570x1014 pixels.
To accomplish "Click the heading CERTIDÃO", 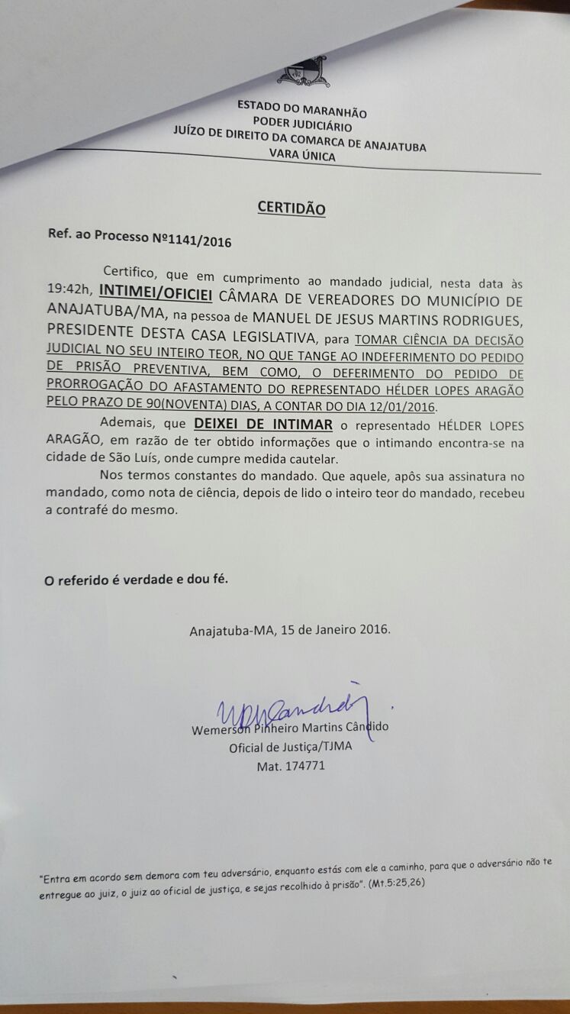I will (291, 208).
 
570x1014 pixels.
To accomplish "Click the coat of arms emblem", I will (304, 73).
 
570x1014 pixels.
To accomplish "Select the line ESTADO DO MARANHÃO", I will (302, 108).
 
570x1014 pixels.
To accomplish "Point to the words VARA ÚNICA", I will (297, 155).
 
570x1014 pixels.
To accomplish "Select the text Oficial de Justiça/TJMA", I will (291, 747).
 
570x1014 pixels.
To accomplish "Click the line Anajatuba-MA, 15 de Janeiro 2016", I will (290, 631).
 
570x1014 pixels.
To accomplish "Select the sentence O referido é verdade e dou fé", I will (136, 580).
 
